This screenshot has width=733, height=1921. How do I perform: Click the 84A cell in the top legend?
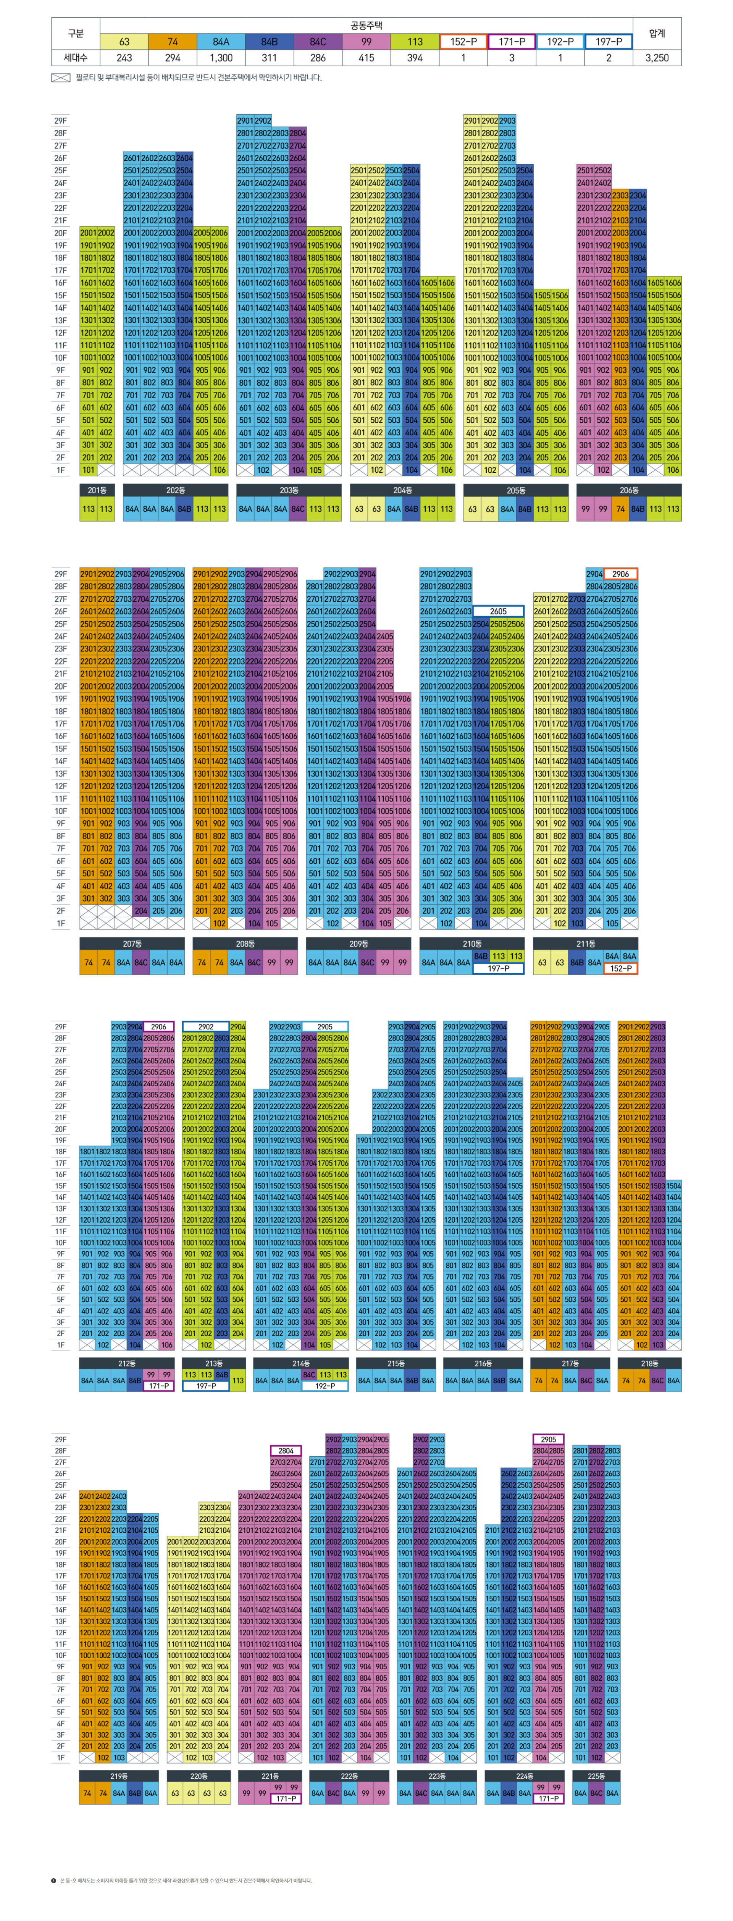click(221, 42)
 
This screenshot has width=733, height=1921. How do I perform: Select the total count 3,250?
click(656, 57)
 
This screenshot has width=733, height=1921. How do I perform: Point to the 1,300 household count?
click(221, 57)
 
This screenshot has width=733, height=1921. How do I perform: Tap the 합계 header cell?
click(656, 34)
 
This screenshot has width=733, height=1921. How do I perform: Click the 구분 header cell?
click(75, 34)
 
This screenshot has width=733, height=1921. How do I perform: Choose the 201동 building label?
click(97, 490)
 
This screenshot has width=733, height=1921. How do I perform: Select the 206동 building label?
click(629, 490)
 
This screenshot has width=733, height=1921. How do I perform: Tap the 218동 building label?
click(649, 1363)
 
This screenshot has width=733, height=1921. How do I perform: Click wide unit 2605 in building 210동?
click(498, 611)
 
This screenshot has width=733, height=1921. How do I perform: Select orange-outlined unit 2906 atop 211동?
click(620, 574)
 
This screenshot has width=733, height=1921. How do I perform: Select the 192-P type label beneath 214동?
click(325, 1386)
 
